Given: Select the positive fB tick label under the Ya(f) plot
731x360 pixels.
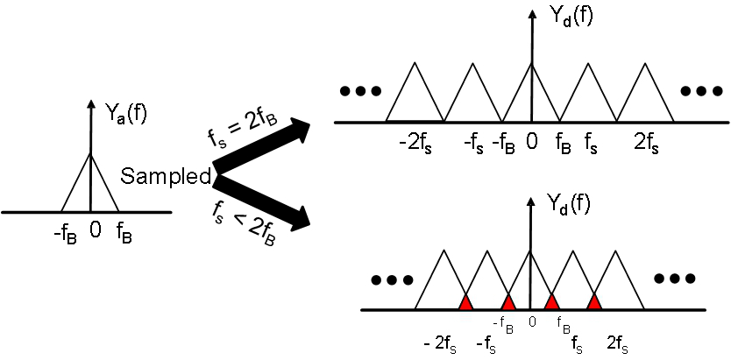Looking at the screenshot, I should click(x=124, y=234).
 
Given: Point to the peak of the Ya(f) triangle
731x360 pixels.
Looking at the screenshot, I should click(x=91, y=156).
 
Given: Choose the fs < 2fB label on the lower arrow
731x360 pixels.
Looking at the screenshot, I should click(x=240, y=224).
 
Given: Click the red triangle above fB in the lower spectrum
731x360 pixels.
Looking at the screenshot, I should click(x=551, y=302).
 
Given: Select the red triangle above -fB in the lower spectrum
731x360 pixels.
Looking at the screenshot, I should click(x=508, y=302).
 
